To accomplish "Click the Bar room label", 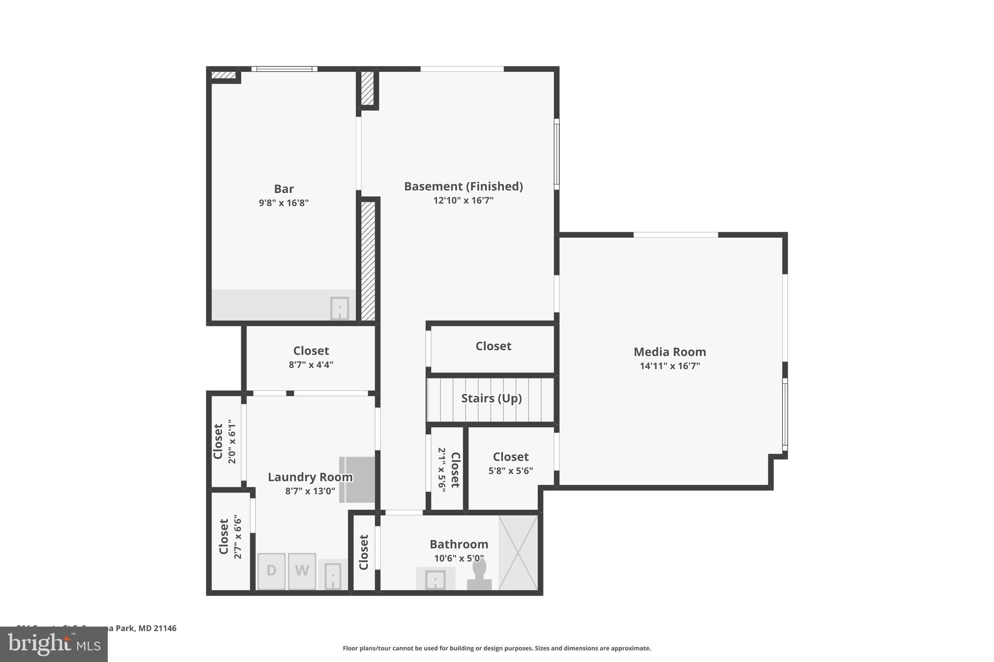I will click(283, 189).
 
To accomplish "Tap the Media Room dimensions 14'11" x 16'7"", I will click(670, 366).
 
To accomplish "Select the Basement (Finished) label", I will click(463, 186).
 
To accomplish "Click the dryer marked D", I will click(271, 571).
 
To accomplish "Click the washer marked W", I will click(302, 571).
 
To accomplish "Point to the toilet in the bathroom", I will click(479, 575).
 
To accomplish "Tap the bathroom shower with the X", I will click(518, 553).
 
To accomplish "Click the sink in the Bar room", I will click(339, 308).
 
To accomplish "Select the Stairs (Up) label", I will click(491, 398).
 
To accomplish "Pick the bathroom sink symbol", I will click(435, 579).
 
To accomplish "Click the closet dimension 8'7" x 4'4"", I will click(311, 365).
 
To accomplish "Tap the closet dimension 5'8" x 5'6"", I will click(511, 470).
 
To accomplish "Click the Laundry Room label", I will click(310, 477).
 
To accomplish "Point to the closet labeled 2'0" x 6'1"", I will click(225, 441).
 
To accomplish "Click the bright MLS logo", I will click(54, 644).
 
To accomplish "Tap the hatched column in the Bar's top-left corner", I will click(224, 75).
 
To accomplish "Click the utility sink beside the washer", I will click(332, 576).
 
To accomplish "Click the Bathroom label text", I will click(459, 544).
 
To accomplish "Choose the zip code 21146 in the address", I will click(165, 628).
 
